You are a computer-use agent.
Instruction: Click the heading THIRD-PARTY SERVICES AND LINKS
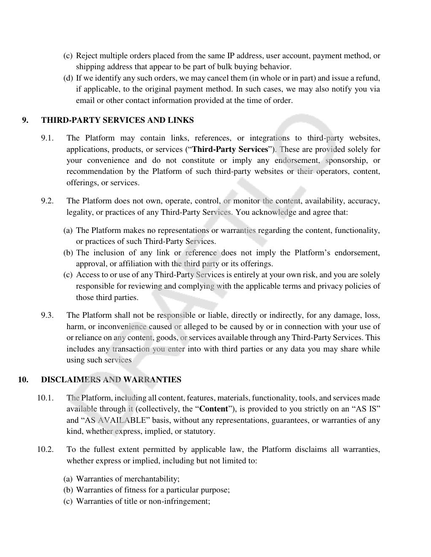117,120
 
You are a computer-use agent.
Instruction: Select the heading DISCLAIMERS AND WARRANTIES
111,380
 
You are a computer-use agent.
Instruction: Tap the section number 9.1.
47,138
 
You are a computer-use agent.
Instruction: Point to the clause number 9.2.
47,201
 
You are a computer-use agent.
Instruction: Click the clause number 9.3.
47,315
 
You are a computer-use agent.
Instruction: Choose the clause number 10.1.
45,398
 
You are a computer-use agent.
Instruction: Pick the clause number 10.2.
45,449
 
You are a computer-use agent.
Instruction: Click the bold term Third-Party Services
230,149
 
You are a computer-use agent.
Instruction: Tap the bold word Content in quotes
213,409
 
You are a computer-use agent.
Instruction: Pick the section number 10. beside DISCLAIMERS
23,380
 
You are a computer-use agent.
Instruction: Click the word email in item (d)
85,100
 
